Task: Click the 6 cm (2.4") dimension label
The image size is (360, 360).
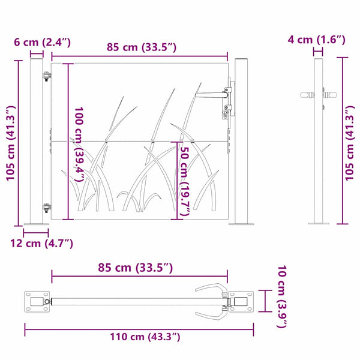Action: pyautogui.click(x=42, y=42)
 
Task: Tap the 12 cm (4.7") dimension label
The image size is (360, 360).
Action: pyautogui.click(x=41, y=244)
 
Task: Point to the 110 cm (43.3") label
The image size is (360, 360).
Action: pyautogui.click(x=145, y=337)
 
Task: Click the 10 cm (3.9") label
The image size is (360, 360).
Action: pyautogui.click(x=282, y=296)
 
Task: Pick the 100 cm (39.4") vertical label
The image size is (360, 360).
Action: pyautogui.click(x=79, y=144)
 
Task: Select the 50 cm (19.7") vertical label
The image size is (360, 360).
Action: pyautogui.click(x=185, y=181)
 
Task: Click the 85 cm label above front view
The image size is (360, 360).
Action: pyautogui.click(x=142, y=47)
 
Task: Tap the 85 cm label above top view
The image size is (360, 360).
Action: pyautogui.click(x=136, y=268)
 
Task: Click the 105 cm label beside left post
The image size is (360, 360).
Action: pyautogui.click(x=11, y=143)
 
